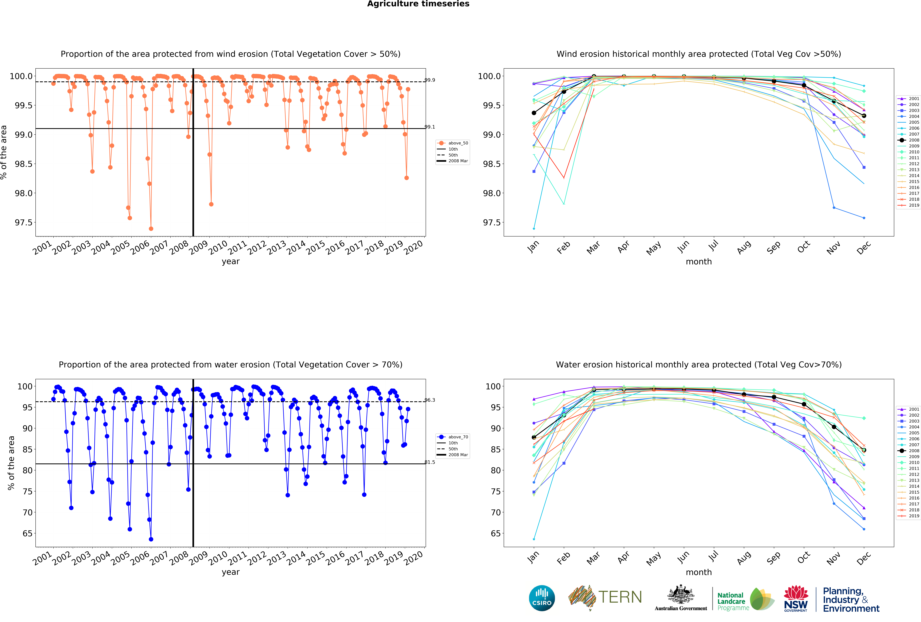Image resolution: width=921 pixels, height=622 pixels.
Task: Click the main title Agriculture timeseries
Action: point(418,4)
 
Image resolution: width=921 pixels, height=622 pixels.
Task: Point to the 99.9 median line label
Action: point(430,80)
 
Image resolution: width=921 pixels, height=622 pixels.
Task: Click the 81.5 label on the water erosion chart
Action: point(430,462)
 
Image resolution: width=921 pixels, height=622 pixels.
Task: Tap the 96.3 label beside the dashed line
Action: point(430,400)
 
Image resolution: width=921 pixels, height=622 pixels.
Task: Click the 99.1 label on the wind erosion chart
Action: point(430,127)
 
